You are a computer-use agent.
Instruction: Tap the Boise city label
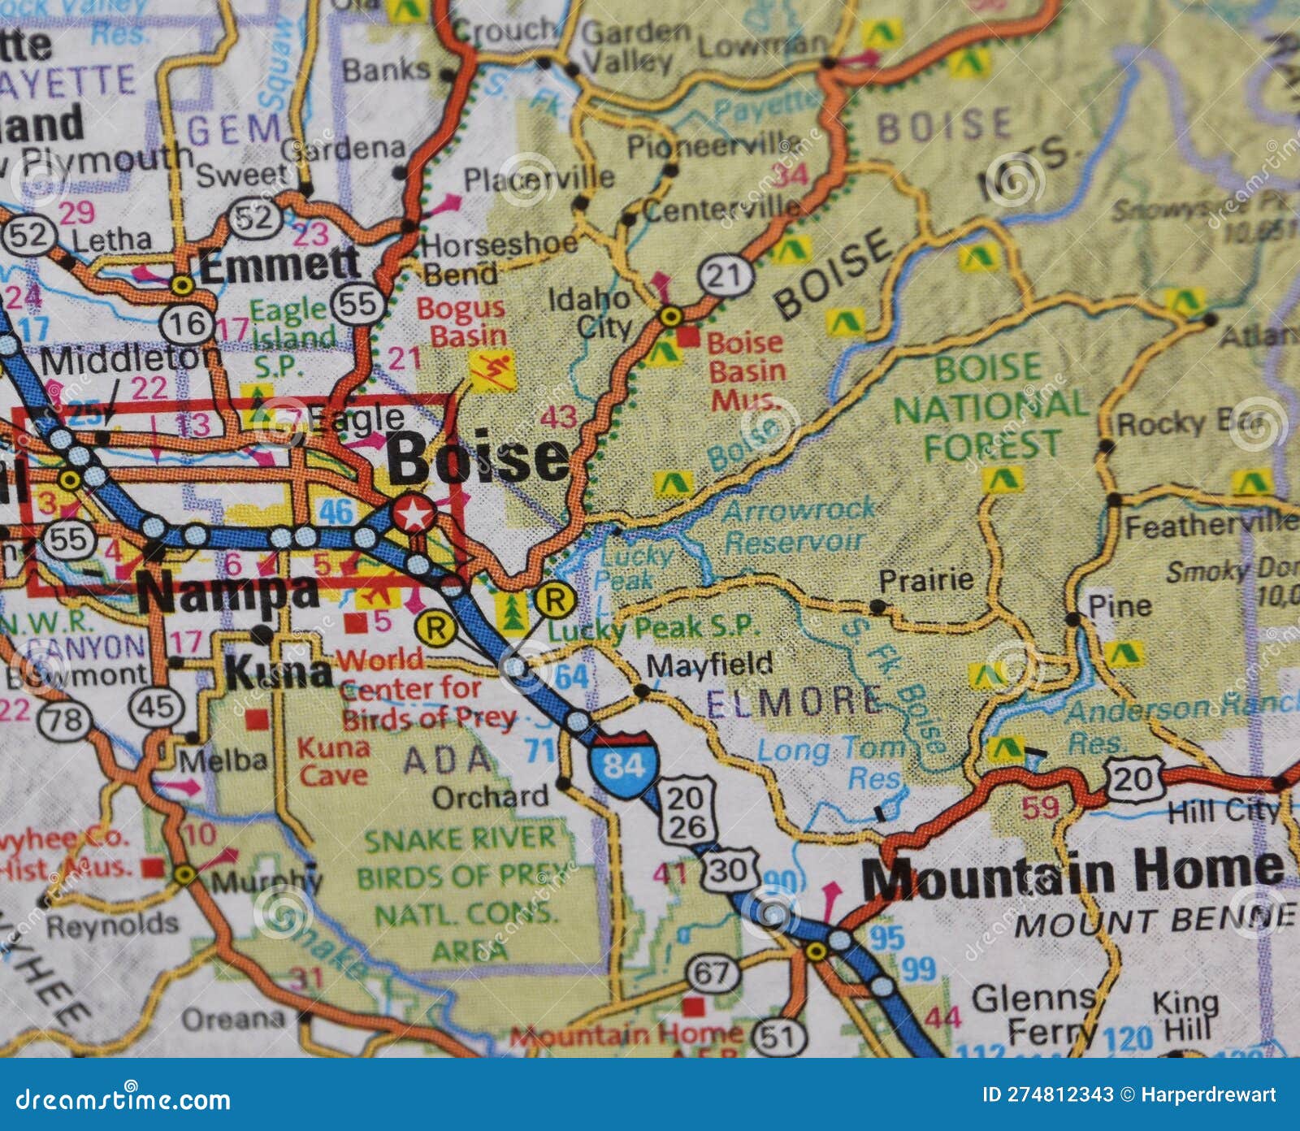click(478, 459)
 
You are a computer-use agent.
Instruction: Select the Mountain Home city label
click(1072, 873)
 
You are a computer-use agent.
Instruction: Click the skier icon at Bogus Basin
click(492, 370)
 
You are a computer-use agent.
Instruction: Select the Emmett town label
click(279, 265)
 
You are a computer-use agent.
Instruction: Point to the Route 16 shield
click(188, 324)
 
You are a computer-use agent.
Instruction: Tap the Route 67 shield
click(713, 973)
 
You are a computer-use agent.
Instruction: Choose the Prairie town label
click(926, 580)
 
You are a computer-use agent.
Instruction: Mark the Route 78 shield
click(65, 719)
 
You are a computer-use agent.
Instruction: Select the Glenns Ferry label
click(1033, 1014)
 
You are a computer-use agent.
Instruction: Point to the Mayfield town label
click(708, 665)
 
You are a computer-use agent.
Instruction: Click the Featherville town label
click(1211, 526)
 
